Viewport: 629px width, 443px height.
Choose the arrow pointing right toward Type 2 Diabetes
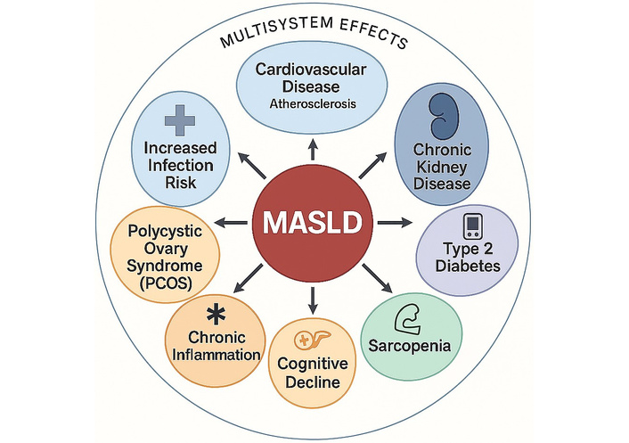coord(392,221)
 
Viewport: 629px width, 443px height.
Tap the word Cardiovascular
coord(313,70)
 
